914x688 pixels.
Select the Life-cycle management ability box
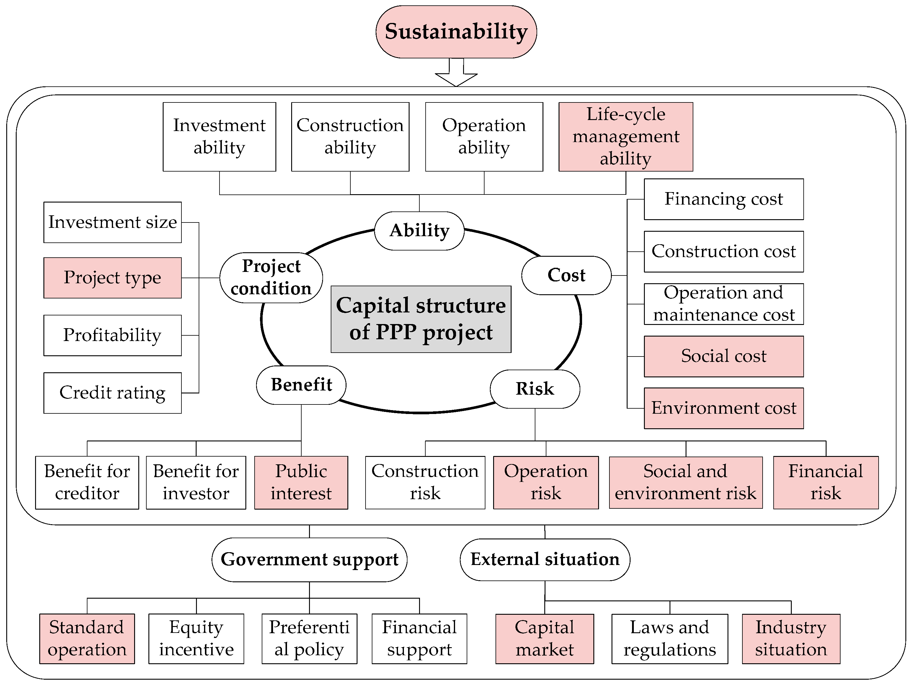pos(625,136)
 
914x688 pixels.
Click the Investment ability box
pos(220,136)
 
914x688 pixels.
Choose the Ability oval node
pos(419,231)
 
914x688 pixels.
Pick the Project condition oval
pos(271,278)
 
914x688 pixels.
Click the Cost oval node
pos(566,275)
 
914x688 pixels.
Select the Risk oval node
pos(535,389)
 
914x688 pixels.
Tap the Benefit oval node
pos(301,385)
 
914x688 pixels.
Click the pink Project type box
pos(112,278)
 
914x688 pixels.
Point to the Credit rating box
pos(112,393)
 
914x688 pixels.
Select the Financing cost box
pos(724,199)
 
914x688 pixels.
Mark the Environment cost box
pos(724,408)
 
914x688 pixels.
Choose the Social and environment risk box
pos(686,482)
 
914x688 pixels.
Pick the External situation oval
pos(545,559)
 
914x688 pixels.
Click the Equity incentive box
pos(196,638)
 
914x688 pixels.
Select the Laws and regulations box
pos(670,638)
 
